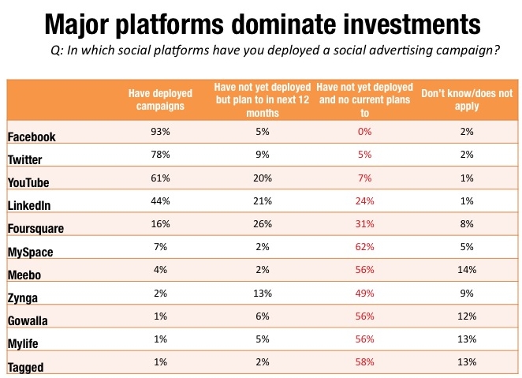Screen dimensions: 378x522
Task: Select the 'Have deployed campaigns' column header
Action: pyautogui.click(x=155, y=100)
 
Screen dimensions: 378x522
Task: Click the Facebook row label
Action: pyautogui.click(x=32, y=137)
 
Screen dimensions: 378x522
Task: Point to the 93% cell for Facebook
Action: pyautogui.click(x=155, y=134)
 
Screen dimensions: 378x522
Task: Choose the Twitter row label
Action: pyautogui.click(x=25, y=159)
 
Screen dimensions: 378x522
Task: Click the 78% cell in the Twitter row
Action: pyautogui.click(x=155, y=156)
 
